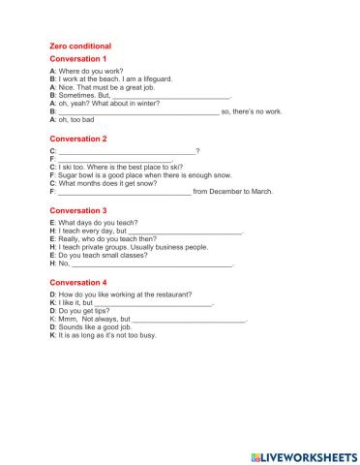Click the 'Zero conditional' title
pyautogui.click(x=80, y=46)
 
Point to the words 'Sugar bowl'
pyautogui.click(x=77, y=175)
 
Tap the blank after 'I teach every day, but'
pyautogui.click(x=185, y=232)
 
